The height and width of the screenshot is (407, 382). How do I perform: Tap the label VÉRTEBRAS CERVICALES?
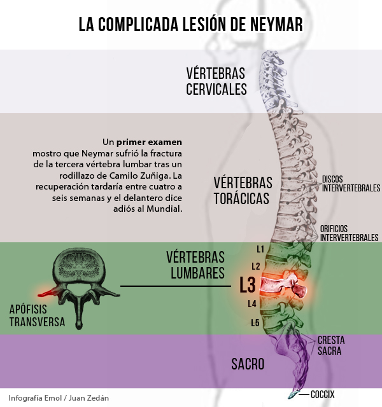pyautogui.click(x=216, y=81)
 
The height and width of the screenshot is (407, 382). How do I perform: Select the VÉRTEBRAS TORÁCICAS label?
pyautogui.click(x=243, y=190)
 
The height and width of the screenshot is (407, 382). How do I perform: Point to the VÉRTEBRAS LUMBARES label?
pyautogui.click(x=195, y=265)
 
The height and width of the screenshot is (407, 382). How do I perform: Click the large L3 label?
pyautogui.click(x=247, y=285)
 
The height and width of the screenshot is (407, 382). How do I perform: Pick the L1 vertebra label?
pyautogui.click(x=260, y=249)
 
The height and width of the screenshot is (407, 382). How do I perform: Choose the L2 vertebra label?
pyautogui.click(x=255, y=266)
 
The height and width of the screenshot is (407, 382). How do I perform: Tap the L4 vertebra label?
pyautogui.click(x=252, y=303)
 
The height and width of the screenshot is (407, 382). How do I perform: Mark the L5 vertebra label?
pyautogui.click(x=255, y=322)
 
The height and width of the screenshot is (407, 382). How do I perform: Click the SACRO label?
pyautogui.click(x=248, y=364)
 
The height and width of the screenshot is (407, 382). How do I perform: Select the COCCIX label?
pyautogui.click(x=323, y=394)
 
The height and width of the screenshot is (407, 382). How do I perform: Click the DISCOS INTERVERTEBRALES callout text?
pyautogui.click(x=351, y=183)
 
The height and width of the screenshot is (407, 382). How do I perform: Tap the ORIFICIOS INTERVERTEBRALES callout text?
pyautogui.click(x=349, y=233)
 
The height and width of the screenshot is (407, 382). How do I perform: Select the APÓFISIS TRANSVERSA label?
pyautogui.click(x=37, y=315)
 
